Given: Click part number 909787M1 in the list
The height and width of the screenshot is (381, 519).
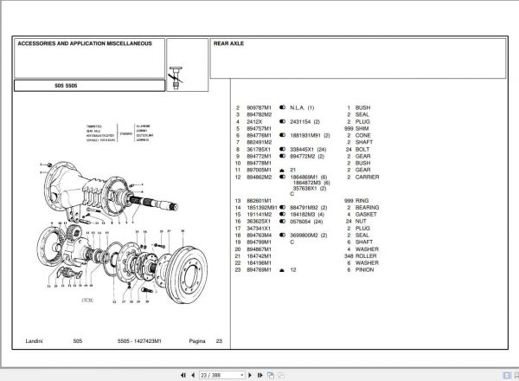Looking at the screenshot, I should point(259,107).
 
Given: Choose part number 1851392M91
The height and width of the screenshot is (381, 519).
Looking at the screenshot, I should point(262,208).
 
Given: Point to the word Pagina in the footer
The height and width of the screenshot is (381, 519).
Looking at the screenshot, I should point(198,342).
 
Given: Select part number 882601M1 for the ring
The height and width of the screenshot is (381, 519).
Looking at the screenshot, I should point(259,201).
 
